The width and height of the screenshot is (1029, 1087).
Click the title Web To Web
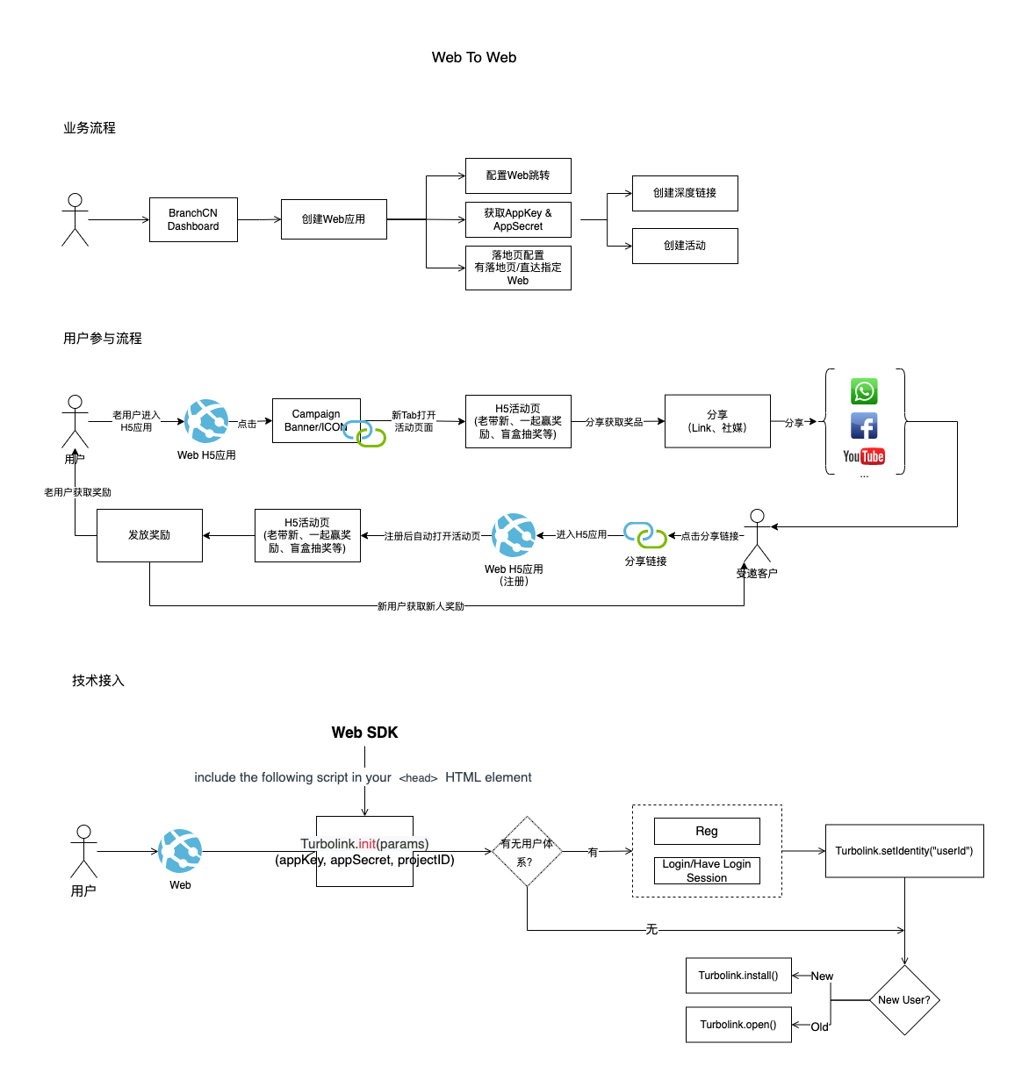[474, 57]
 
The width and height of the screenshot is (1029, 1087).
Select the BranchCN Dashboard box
[193, 219]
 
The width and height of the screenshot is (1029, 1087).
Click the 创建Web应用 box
[334, 219]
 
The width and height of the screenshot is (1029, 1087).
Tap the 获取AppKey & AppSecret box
[518, 219]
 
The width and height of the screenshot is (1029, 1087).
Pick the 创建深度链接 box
[685, 193]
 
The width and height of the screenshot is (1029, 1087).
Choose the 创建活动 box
[685, 246]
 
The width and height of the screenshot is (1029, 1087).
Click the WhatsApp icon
[864, 391]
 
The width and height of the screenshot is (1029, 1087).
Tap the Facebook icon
[864, 426]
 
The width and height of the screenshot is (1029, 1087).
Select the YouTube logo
[864, 456]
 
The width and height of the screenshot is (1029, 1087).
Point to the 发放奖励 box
[149, 535]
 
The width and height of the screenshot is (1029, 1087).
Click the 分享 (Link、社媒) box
[717, 421]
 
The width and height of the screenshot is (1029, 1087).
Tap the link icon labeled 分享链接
[645, 535]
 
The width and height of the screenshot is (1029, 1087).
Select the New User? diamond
[904, 1000]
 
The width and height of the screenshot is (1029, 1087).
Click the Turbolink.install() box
[738, 976]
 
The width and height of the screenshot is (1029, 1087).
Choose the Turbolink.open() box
[738, 1025]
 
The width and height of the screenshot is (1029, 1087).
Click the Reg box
[707, 831]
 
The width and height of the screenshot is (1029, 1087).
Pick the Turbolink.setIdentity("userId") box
[904, 851]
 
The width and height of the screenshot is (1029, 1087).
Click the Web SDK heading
[364, 733]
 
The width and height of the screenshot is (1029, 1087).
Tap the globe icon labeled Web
[181, 851]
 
